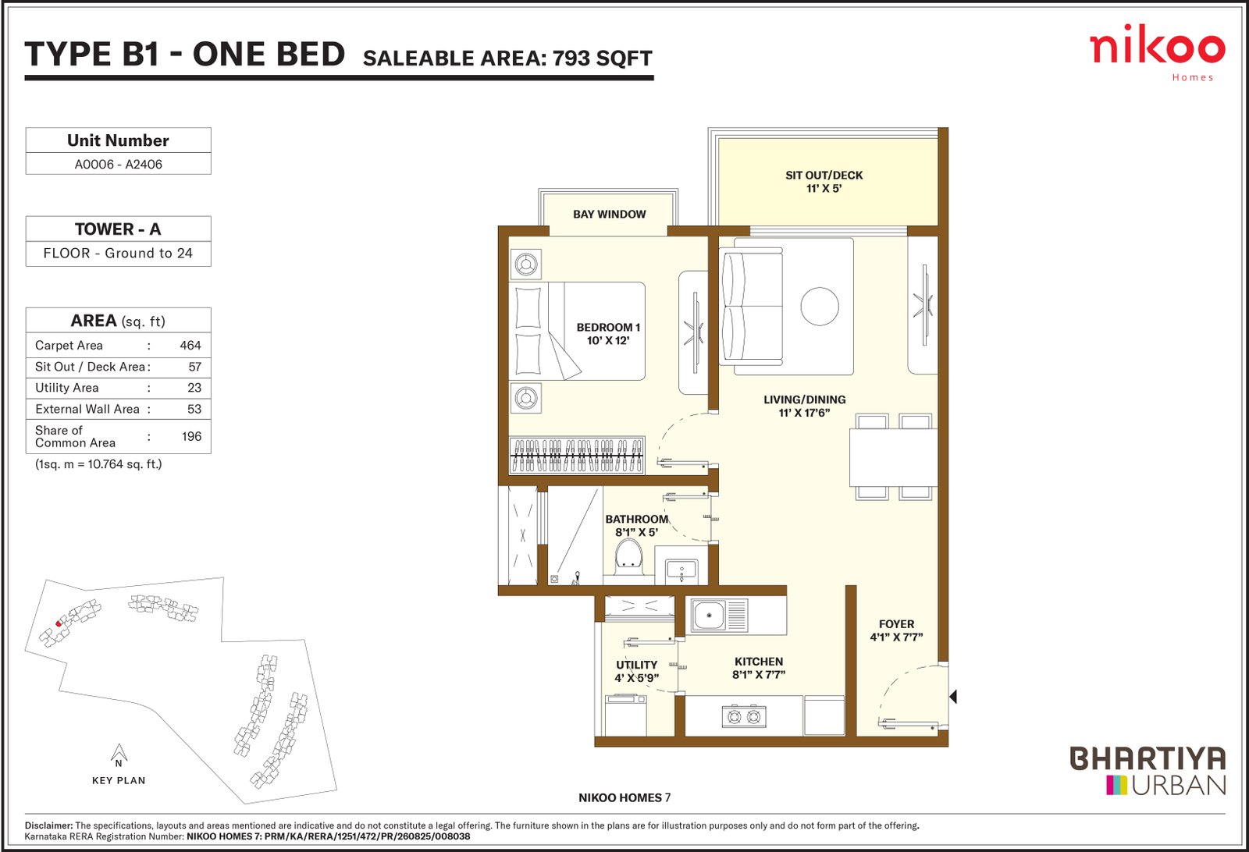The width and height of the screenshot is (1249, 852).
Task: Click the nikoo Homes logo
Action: tap(1157, 53)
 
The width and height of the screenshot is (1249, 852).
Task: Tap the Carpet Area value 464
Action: tap(190, 346)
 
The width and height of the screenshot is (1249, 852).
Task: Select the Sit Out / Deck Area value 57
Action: tap(194, 367)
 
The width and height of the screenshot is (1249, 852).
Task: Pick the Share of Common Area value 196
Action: tap(191, 436)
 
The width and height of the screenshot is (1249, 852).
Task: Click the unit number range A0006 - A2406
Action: tap(118, 165)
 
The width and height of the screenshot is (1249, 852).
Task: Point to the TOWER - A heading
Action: tap(118, 229)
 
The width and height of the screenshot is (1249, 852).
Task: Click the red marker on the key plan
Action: tap(59, 623)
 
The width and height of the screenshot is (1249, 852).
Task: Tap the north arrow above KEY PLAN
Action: tap(119, 753)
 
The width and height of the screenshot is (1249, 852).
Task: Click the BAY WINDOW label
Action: tap(609, 214)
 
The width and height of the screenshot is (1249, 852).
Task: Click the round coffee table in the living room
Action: tap(820, 306)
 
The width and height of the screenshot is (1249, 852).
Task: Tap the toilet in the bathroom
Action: tap(628, 556)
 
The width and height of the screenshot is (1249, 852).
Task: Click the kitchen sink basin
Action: tap(709, 616)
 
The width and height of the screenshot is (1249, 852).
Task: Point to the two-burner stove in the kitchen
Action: tap(744, 716)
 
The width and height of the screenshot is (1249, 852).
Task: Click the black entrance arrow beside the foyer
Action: tap(953, 697)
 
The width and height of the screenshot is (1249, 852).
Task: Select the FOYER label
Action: tap(897, 624)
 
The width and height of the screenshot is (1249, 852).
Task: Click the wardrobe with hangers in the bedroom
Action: tap(577, 455)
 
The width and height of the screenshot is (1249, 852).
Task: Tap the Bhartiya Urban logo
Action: tap(1148, 771)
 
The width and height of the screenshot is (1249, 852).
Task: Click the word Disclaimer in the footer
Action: tap(48, 825)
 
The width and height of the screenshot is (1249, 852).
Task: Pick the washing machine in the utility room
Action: tap(625, 715)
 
